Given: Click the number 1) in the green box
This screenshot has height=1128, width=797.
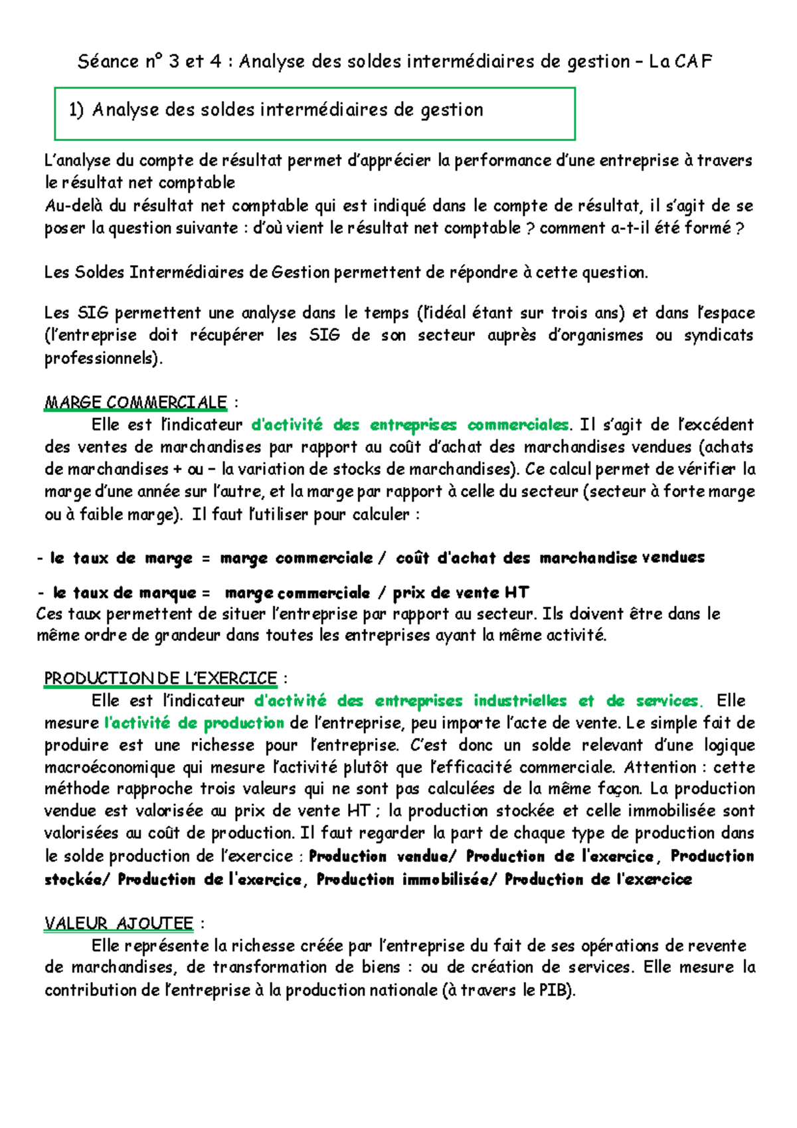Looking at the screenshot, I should pyautogui.click(x=76, y=110).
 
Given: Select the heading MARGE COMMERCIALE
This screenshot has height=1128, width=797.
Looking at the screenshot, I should pyautogui.click(x=135, y=402).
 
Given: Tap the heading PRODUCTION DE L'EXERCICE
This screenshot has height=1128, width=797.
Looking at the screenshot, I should pyautogui.click(x=160, y=678).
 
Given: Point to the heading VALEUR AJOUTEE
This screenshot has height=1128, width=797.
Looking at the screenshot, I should pyautogui.click(x=119, y=923).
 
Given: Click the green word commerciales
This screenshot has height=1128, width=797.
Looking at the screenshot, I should pyautogui.click(x=518, y=424).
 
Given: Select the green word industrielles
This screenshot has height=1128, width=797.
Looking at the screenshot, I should pyautogui.click(x=520, y=700).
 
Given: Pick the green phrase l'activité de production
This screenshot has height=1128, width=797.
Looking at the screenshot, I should pyautogui.click(x=195, y=723).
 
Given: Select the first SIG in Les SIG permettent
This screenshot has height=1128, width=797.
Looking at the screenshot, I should pyautogui.click(x=92, y=313).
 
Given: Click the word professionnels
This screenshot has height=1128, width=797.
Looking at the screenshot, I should pyautogui.click(x=102, y=358).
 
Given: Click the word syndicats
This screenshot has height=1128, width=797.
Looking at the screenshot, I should pyautogui.click(x=720, y=335).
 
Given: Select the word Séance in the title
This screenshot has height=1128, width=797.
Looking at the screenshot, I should pyautogui.click(x=108, y=62).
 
